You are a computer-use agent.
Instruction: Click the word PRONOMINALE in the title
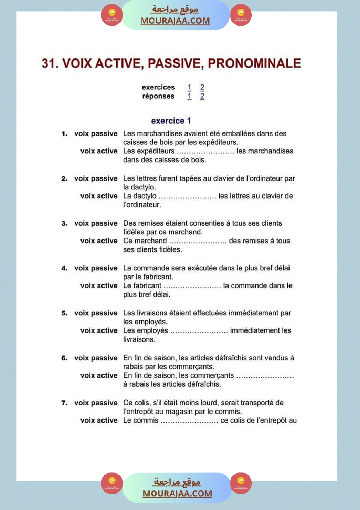tap(254, 63)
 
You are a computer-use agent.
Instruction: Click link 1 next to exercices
tap(189, 87)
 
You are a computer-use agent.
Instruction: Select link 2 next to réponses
tap(202, 96)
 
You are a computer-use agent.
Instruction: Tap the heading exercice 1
tap(171, 121)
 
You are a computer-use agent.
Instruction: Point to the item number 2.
tap(64, 178)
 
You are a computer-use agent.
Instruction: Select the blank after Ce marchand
tap(198, 241)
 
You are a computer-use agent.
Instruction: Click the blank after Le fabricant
tap(192, 286)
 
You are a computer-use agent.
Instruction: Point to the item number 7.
tap(64, 403)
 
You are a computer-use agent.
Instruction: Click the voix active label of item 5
tap(99, 331)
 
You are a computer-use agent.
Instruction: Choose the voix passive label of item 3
tap(96, 223)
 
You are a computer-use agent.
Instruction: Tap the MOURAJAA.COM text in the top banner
tap(175, 21)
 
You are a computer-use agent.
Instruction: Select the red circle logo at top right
tap(241, 15)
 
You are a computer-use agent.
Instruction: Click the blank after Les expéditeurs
tap(206, 151)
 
